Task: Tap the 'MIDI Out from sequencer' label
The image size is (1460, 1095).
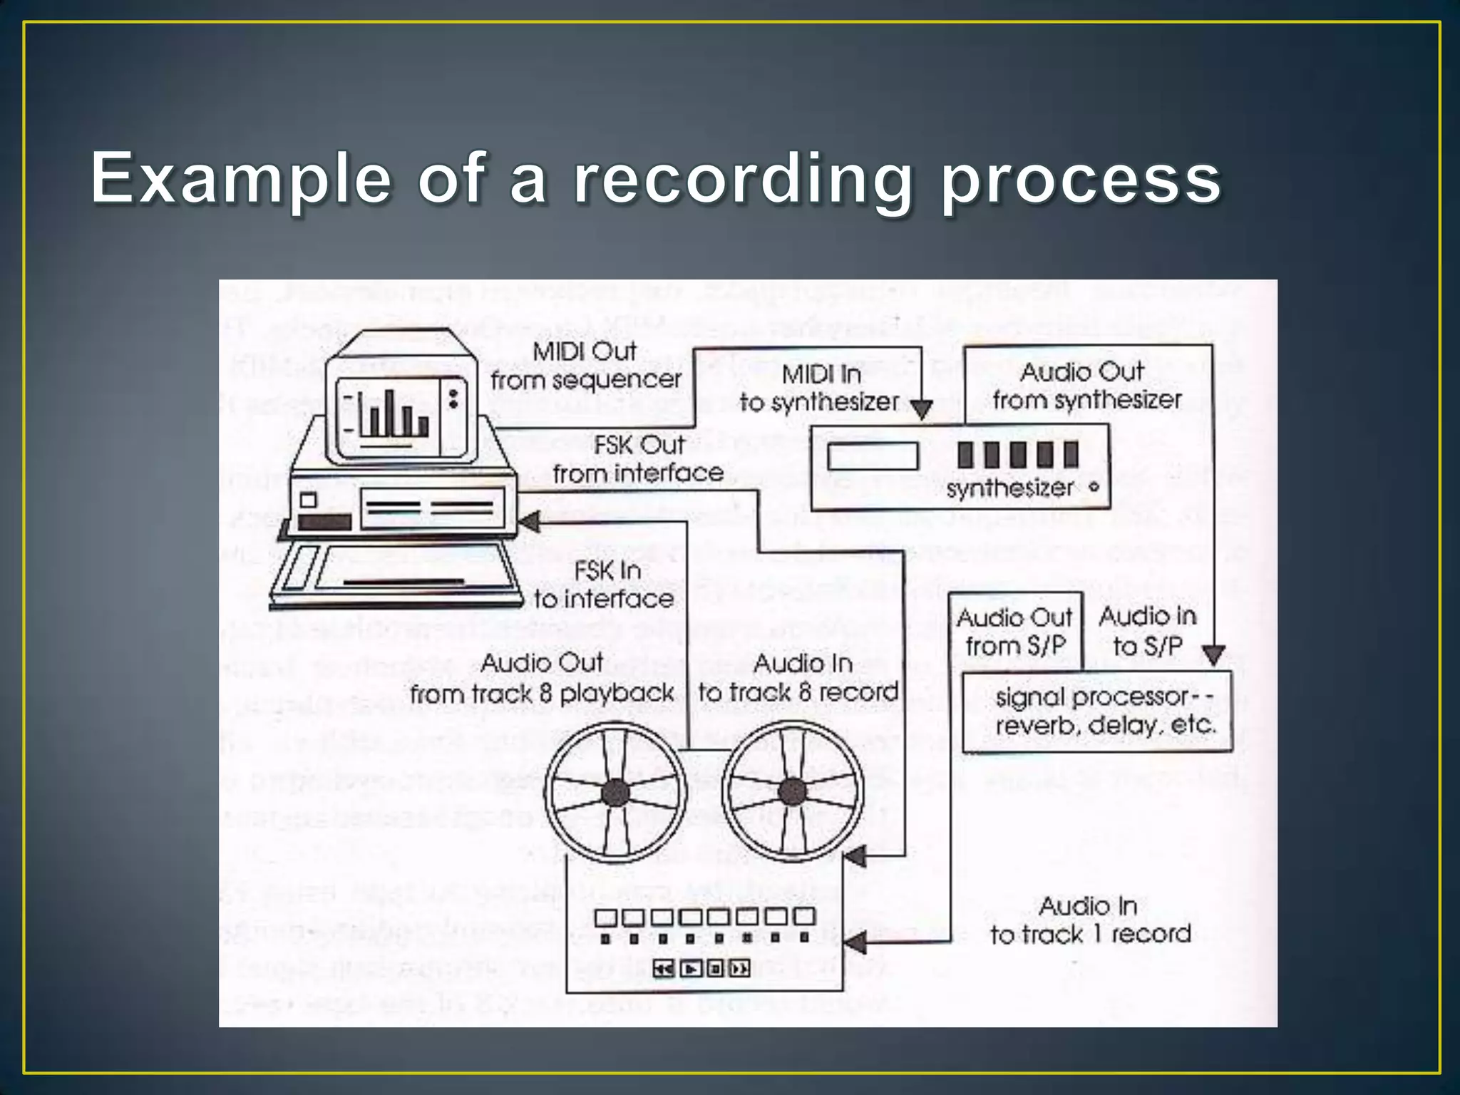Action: [585, 366]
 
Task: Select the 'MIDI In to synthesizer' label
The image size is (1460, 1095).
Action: [820, 389]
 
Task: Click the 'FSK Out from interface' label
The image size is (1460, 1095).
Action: [638, 459]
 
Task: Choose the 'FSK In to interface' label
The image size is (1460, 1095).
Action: [605, 585]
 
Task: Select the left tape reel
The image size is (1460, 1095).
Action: [615, 791]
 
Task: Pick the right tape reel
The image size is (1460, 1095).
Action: [792, 791]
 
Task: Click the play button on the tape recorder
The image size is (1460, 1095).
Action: [691, 968]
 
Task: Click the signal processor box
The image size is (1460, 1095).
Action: [1098, 711]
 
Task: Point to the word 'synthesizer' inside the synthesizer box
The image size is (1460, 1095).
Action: [1009, 488]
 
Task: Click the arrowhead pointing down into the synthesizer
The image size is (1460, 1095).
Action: [922, 409]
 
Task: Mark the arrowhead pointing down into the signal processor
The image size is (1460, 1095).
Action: [1213, 654]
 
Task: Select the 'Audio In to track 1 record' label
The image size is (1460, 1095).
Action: [1090, 920]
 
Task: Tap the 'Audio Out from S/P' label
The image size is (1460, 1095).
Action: [1015, 632]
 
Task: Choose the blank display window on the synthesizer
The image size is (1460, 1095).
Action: [873, 456]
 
